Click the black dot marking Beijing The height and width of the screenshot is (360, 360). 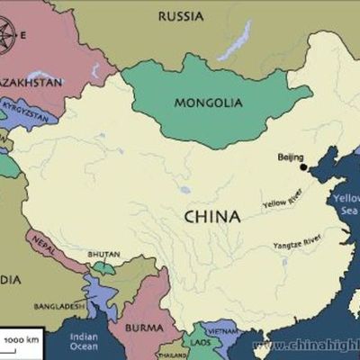pos(303,166)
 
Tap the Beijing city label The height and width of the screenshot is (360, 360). pos(290,157)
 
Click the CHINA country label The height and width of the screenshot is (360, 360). pos(211,217)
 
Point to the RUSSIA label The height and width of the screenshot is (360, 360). pos(180,15)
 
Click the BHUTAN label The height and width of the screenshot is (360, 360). pos(103,255)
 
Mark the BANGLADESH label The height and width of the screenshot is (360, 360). pos(60,306)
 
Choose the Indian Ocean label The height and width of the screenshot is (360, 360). pos(84,341)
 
